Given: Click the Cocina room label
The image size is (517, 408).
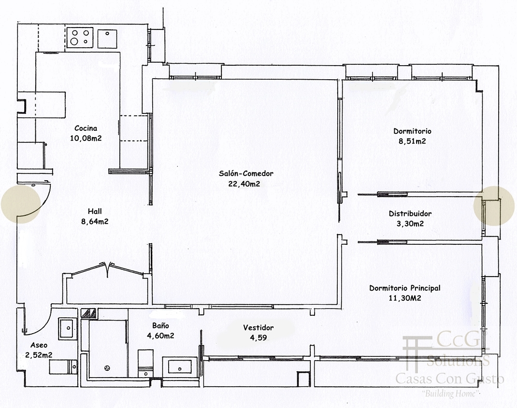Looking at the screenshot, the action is tap(86, 128).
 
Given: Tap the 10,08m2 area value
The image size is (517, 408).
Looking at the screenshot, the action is tap(86, 138).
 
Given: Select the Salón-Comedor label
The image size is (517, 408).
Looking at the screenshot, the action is tap(246, 173).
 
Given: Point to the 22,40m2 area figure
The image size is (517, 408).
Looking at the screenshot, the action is tap(244, 183).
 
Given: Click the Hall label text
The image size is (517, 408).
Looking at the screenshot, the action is tap(95, 211).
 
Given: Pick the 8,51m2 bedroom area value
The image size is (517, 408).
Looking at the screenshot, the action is tap(412, 141).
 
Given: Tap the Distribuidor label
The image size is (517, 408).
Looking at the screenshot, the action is tap(410, 213).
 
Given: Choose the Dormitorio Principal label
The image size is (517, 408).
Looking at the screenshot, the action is tap(404, 288).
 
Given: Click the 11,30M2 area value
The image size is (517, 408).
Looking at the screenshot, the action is tap(405, 298).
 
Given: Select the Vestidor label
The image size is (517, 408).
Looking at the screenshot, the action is tap(258, 327).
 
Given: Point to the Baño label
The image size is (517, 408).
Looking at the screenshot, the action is tap(160, 325).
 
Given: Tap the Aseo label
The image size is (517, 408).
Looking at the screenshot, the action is tap(39, 345).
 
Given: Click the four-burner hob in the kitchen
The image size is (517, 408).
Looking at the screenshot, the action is tap(80, 38).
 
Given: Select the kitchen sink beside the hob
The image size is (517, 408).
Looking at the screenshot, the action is tap(107, 39).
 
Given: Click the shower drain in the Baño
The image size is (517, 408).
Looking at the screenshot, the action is tap(107, 368).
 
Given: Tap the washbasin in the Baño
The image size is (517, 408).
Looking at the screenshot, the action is tap(180, 367).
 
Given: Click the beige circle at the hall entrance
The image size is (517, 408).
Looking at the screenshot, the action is tap(21, 204).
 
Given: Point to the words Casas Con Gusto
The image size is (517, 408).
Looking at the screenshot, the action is tap(449, 379).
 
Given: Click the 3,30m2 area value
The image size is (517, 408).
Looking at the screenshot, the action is tap(410, 224).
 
